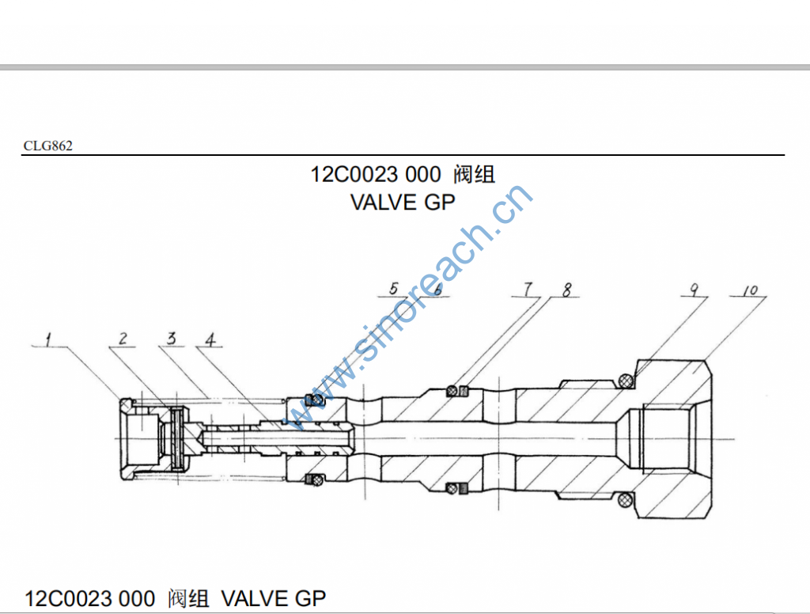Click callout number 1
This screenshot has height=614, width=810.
click(x=48, y=340)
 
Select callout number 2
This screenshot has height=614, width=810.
click(x=123, y=339)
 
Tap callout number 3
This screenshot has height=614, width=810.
click(x=172, y=338)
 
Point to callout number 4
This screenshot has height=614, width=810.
click(x=210, y=340)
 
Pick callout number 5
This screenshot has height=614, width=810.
click(x=394, y=288)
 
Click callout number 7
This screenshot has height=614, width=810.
click(x=528, y=290)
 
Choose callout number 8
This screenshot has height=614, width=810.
click(x=566, y=290)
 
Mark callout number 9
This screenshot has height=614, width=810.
click(x=694, y=290)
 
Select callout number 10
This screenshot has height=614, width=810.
click(x=750, y=290)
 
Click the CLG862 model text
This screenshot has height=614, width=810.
click(x=48, y=146)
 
